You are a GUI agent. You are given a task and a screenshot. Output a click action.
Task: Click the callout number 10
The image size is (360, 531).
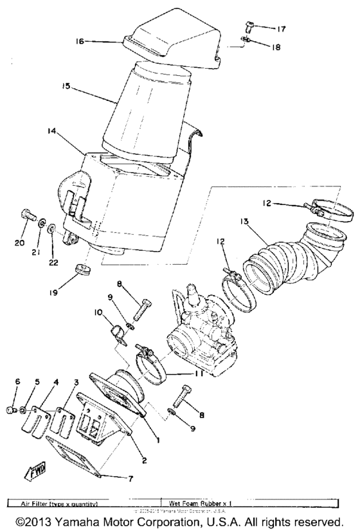click(98, 312)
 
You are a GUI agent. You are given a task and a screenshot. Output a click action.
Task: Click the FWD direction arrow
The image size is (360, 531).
click(33, 474)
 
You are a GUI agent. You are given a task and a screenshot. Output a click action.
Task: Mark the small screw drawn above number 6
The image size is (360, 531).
click(10, 408)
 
